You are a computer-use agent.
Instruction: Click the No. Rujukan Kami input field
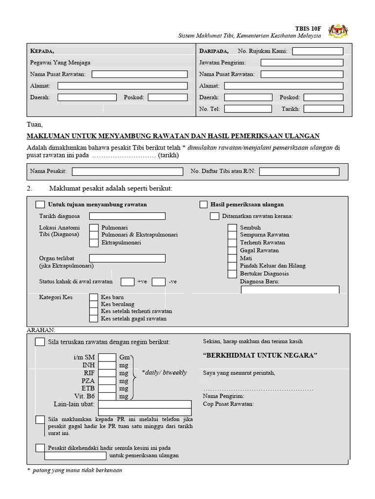tap(317, 51)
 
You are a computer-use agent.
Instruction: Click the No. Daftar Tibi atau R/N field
tap(299, 172)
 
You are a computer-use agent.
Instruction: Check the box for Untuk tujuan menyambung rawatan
tap(41, 205)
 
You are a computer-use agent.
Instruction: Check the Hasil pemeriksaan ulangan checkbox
tap(204, 205)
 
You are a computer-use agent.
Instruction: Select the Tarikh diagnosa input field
tap(127, 216)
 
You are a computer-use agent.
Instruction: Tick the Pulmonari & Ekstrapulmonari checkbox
tap(94, 235)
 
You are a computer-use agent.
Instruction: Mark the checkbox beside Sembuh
tap(232, 228)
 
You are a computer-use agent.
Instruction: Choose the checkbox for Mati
tap(232, 258)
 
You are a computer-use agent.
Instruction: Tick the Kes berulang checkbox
tap(94, 304)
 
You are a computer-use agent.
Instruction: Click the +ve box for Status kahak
tap(127, 282)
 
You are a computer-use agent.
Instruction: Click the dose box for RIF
tap(107, 373)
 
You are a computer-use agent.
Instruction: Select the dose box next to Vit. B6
tap(107, 396)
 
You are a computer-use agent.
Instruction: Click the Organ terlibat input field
tap(127, 258)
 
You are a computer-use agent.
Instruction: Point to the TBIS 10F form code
tap(308, 28)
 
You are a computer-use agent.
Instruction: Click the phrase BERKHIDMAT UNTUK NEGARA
tap(260, 355)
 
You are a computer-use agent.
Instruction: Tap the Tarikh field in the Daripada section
tap(323, 109)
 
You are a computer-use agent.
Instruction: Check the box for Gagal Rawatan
tap(232, 250)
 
